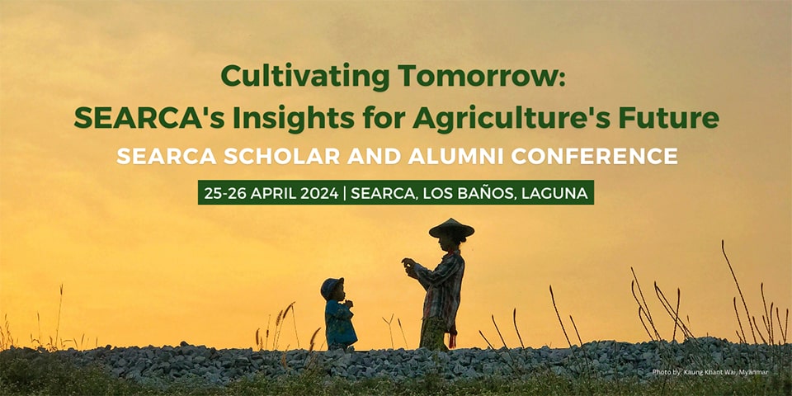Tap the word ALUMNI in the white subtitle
(438, 156)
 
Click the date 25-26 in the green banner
(222, 194)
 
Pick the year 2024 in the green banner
(319, 194)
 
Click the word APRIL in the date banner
(272, 194)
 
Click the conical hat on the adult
(451, 227)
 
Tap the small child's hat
(332, 285)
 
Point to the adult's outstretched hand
(408, 263)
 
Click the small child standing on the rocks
(339, 318)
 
